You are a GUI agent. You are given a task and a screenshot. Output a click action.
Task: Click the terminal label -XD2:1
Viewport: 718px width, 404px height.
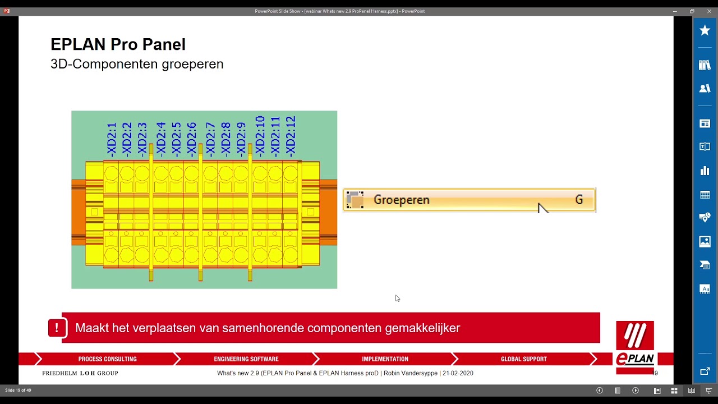112,139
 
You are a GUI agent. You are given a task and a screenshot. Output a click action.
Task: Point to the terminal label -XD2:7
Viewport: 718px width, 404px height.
210,139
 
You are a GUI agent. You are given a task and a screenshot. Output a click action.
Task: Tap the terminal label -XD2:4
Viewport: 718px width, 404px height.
161,139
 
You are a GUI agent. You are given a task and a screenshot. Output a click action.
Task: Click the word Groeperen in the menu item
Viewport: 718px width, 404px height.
401,200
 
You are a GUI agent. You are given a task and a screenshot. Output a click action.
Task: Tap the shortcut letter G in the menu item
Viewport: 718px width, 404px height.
579,200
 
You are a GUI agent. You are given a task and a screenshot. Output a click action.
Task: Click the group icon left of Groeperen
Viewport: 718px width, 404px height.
355,200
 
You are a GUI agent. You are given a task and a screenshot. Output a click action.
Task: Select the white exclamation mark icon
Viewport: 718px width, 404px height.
57,328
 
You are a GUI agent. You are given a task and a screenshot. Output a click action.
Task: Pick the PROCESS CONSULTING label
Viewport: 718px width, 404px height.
107,359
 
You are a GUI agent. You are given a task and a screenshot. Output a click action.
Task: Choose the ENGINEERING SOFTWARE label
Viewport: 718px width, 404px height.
246,359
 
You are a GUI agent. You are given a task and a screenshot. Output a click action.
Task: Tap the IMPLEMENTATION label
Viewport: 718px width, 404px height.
385,359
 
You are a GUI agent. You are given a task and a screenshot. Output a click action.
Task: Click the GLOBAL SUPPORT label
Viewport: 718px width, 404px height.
523,359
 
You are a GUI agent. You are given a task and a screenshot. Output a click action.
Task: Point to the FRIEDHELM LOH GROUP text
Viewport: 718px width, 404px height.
80,373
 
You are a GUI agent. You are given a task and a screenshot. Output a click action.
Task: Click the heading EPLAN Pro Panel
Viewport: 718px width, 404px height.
118,44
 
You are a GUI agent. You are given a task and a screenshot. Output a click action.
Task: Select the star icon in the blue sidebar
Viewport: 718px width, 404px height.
705,30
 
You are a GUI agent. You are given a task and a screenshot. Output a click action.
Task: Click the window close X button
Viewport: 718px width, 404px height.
709,11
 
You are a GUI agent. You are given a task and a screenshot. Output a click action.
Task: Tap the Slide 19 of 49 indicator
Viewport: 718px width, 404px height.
18,390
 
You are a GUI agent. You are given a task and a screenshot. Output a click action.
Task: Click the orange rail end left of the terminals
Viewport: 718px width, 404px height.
78,212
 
